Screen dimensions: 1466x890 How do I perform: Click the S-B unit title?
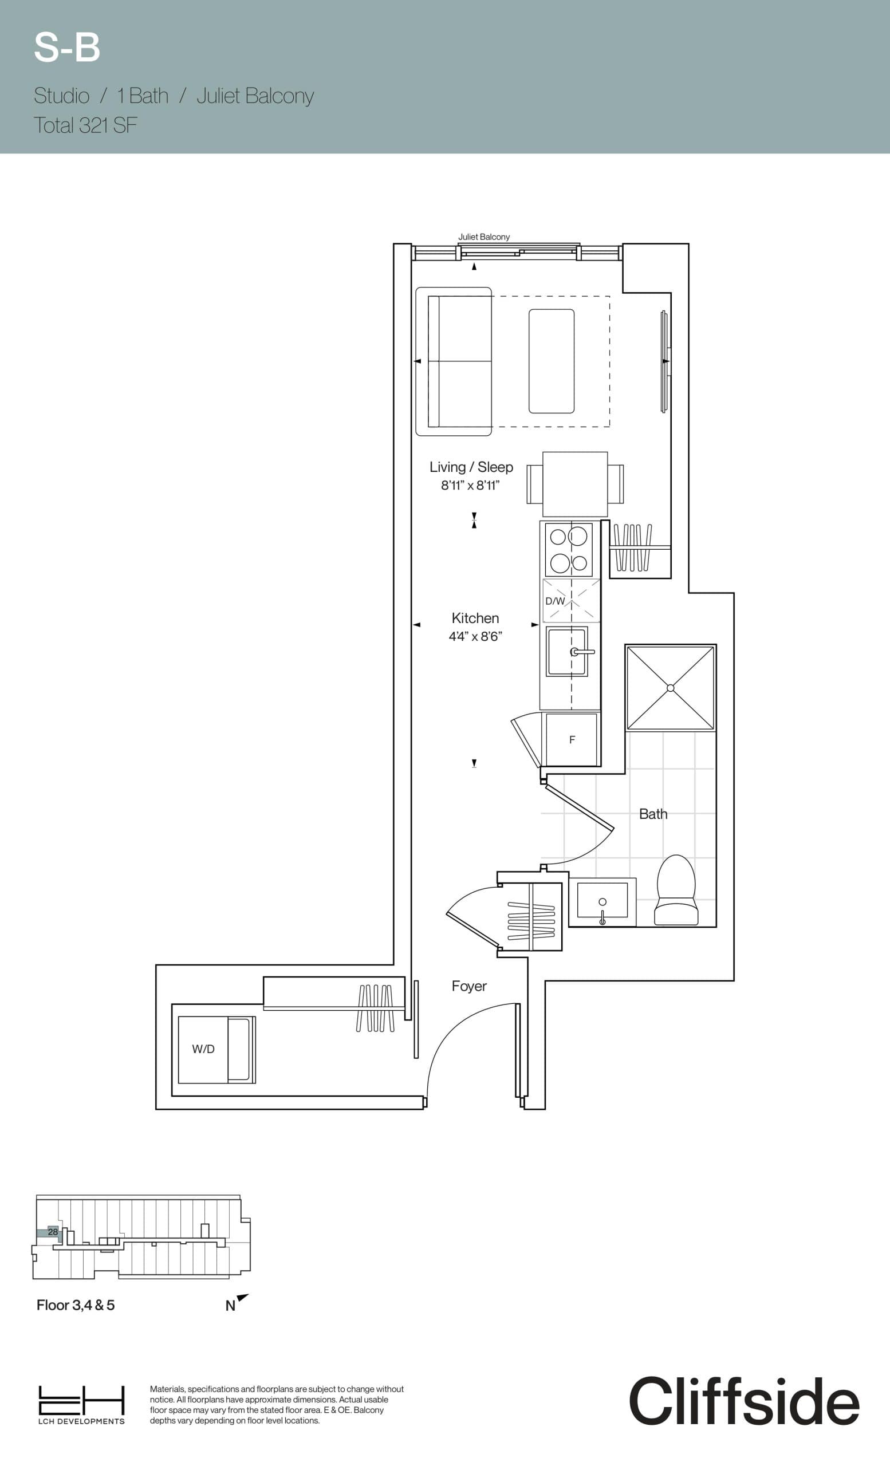66,48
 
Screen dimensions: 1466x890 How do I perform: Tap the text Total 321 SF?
85,125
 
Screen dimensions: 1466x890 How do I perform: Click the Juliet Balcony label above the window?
484,237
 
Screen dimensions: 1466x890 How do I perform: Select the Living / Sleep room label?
471,467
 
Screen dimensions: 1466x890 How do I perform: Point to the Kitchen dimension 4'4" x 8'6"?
475,637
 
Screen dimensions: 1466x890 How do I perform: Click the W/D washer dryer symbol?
203,1049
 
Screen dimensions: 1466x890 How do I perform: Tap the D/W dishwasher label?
555,601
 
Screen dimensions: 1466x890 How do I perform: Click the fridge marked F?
572,739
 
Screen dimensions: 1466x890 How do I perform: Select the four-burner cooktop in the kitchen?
569,549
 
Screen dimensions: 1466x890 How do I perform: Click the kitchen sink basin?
566,652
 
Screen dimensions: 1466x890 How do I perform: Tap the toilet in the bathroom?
676,890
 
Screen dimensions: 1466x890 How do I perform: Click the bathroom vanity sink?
602,901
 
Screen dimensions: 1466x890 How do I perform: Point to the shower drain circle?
671,688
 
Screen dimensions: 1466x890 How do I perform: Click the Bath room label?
653,814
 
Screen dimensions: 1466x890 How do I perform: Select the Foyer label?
469,986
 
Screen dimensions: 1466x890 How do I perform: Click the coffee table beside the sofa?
552,361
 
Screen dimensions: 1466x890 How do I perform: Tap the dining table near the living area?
574,484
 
